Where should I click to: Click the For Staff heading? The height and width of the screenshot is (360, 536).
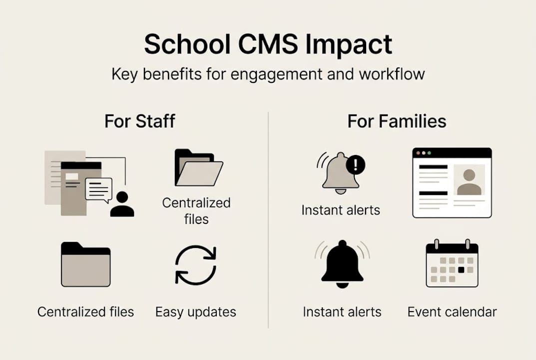click(x=140, y=121)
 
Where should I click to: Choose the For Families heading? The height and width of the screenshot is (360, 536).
click(x=397, y=121)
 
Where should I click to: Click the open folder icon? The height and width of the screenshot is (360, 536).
click(x=198, y=167)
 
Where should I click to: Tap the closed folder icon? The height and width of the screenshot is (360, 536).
click(x=85, y=264)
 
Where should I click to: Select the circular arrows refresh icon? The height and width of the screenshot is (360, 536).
click(x=196, y=265)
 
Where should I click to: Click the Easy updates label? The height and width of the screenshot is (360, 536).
click(x=196, y=312)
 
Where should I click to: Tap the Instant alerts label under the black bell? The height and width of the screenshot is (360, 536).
click(x=342, y=312)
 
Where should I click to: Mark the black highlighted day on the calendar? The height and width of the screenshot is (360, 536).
click(x=461, y=269)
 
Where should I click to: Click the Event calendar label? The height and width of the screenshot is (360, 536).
click(x=452, y=312)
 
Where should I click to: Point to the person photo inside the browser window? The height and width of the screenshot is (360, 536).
click(x=469, y=180)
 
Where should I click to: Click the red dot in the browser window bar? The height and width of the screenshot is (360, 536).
click(x=419, y=152)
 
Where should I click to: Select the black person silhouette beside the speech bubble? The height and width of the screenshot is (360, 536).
click(x=122, y=204)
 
